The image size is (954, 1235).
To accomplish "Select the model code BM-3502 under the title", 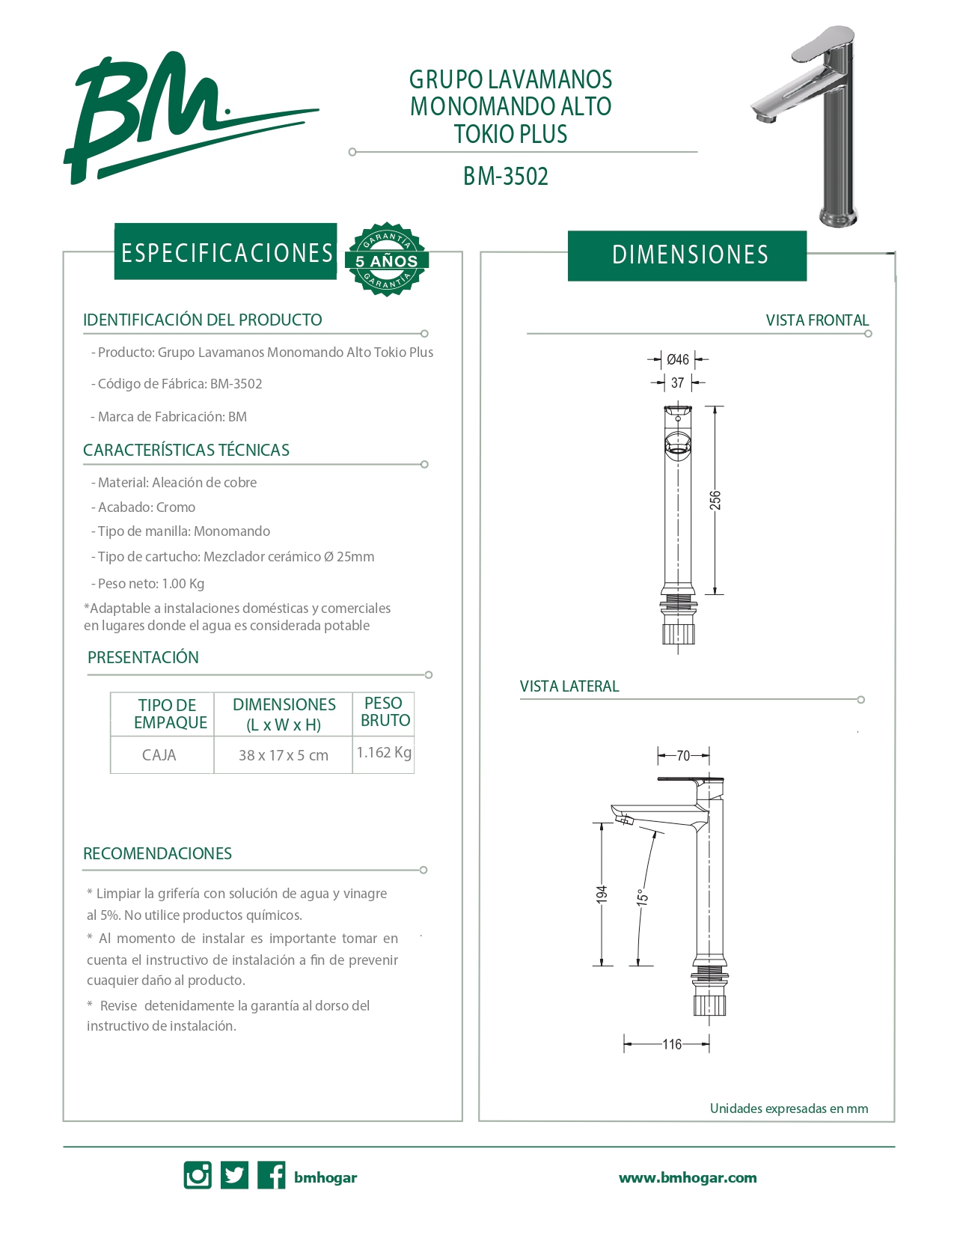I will [x=506, y=177].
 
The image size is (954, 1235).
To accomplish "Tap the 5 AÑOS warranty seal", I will [x=386, y=260].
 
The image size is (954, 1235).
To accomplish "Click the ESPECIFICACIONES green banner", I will [x=226, y=252].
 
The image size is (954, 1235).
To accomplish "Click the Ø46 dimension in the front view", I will [x=678, y=360].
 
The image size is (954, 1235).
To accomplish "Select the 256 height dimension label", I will [x=715, y=500].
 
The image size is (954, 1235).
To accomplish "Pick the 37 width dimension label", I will [x=677, y=383].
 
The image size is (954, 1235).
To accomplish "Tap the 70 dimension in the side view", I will [x=683, y=755].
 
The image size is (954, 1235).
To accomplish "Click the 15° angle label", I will [x=642, y=897].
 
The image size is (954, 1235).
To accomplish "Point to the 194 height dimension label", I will [x=602, y=894].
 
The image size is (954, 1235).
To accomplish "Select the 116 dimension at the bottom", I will [x=672, y=1044].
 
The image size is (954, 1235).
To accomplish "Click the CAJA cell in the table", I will [x=159, y=755].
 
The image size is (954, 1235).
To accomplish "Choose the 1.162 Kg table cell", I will [x=384, y=753].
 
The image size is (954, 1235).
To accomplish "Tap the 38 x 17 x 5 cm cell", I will [x=284, y=755].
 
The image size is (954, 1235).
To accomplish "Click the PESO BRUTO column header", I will [x=385, y=712].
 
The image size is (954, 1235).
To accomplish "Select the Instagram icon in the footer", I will [x=198, y=1175].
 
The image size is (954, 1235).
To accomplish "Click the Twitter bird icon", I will [x=234, y=1175].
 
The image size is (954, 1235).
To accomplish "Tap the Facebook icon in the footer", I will [x=272, y=1175].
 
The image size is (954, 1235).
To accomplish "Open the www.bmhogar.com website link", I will [x=688, y=1177].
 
